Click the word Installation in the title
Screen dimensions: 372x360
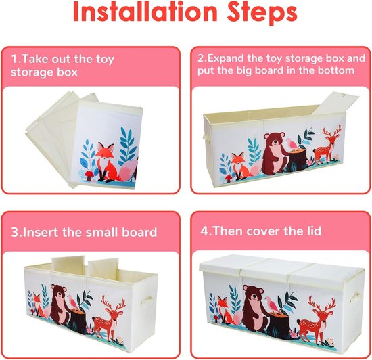[145, 12]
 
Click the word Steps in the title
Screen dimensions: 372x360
[262, 13]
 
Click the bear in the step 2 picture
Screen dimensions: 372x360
[275, 153]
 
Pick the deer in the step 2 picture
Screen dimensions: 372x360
[326, 146]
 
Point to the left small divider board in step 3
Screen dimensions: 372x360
[68, 265]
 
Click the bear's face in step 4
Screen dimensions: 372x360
[254, 295]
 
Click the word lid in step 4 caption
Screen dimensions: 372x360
[312, 231]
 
